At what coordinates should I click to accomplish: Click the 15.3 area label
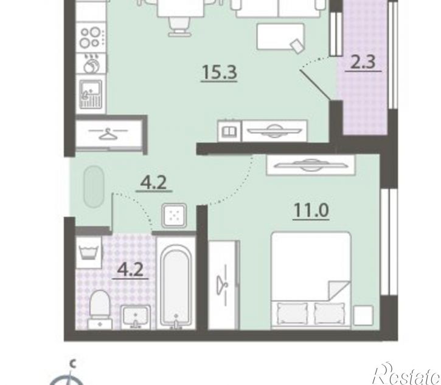220,72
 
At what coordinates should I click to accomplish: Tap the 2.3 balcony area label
363,62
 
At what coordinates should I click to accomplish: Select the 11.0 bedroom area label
311,210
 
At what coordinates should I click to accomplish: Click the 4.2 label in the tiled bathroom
130,270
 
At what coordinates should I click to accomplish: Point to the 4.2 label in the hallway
153,183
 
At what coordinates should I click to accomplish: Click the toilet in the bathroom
100,310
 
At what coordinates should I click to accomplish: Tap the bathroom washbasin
135,317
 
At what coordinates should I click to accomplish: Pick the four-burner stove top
91,38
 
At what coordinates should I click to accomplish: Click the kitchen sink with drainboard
91,94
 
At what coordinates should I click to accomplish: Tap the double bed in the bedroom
311,280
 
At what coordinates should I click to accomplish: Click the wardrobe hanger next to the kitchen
108,134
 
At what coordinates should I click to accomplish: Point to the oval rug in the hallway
94,187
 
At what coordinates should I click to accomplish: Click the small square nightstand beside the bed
363,315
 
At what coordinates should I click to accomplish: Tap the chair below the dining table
179,26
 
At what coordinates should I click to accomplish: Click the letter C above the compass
73,364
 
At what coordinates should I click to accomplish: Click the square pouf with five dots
174,216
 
